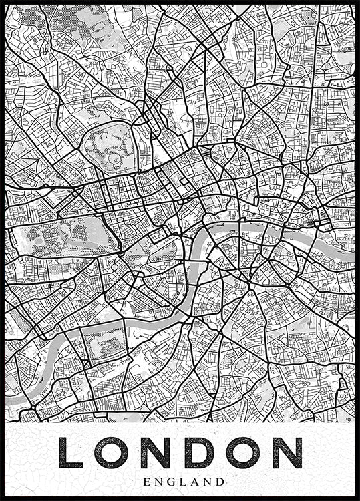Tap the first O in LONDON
pos(111,453)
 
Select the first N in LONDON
pos(156,453)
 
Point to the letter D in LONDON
pos(200,453)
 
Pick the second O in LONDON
pos(243,453)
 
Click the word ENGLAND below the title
pos(180,480)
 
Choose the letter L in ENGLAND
pos(180,480)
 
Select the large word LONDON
pos(180,453)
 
